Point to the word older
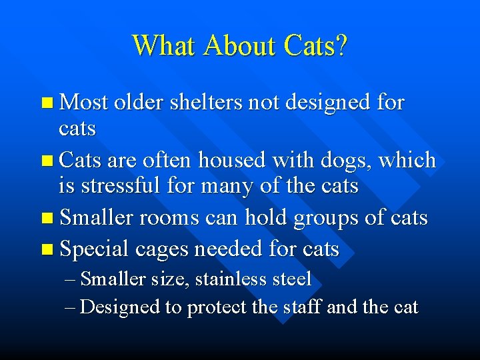point(139,103)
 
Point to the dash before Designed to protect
point(71,308)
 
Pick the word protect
point(219,308)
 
